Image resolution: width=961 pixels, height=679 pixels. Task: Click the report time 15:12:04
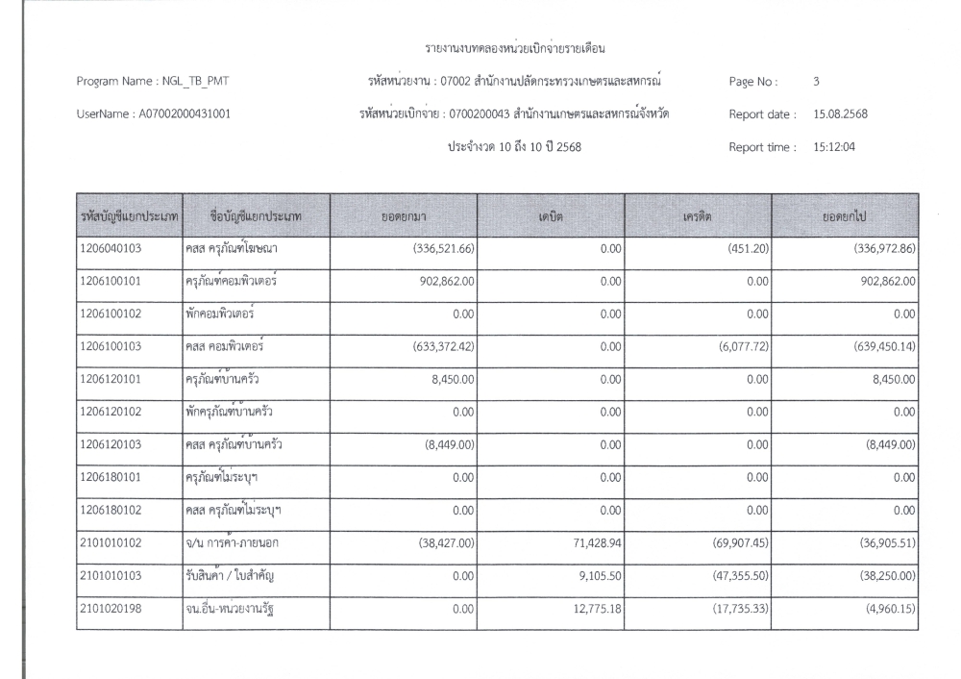pyautogui.click(x=836, y=148)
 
